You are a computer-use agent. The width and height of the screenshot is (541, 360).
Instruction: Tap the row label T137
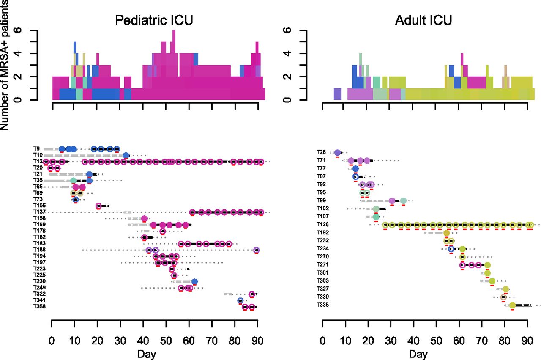(40, 212)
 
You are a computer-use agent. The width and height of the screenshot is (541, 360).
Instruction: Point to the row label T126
(322, 225)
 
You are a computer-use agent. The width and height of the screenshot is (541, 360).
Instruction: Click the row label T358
(40, 307)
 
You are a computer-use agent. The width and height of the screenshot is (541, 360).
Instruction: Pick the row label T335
(322, 305)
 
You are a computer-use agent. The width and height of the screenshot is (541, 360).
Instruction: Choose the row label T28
(321, 152)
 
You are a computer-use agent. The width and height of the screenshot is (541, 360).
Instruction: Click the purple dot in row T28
(337, 152)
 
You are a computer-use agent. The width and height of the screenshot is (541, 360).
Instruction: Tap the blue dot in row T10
(126, 155)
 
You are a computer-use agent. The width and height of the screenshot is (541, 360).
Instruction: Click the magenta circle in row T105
(98, 206)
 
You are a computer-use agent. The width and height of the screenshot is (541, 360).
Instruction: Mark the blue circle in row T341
(240, 301)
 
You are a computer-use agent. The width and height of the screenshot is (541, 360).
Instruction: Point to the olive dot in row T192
(446, 233)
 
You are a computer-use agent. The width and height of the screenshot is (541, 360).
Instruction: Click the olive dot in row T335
(512, 305)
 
